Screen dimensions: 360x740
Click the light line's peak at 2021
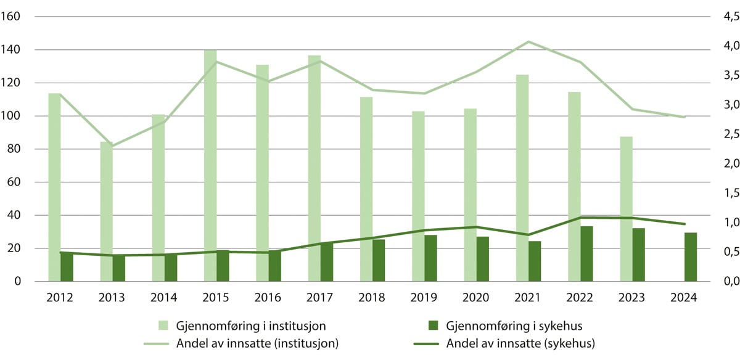coord(528,41)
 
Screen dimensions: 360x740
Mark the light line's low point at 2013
coord(113,146)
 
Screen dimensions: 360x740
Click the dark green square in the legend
coord(434,324)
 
